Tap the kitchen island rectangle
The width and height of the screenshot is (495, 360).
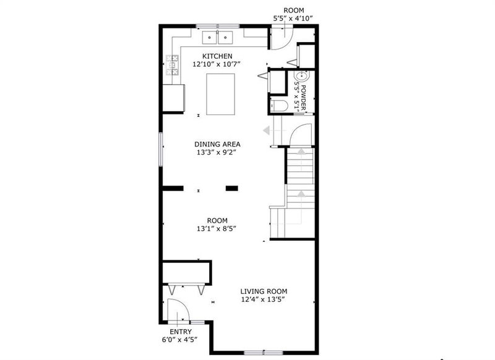(220, 93)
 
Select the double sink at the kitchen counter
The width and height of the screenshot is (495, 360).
(217, 37)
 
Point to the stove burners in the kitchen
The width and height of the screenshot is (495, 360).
(172, 64)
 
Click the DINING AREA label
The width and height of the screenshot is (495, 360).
(217, 144)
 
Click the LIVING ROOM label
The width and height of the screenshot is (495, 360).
(264, 291)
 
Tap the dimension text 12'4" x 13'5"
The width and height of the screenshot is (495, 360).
(264, 299)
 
